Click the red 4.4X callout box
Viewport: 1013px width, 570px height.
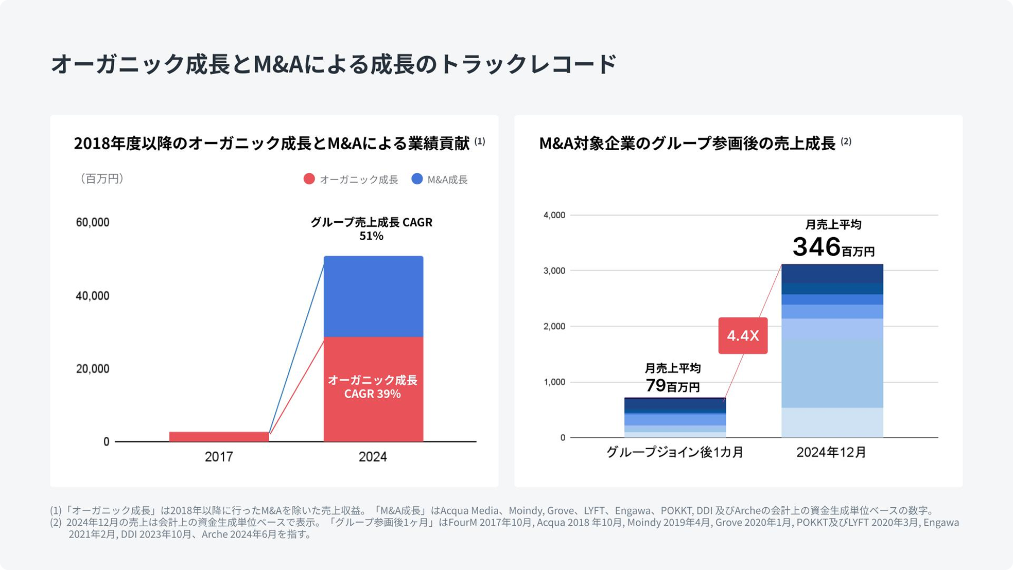(743, 335)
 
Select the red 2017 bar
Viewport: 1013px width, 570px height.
(219, 437)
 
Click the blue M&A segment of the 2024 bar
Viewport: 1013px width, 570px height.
(373, 296)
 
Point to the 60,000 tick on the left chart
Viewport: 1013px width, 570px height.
(93, 222)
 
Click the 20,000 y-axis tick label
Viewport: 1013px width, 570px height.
(93, 369)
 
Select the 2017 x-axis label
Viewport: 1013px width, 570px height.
(219, 457)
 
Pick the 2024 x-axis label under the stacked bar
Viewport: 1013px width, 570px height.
(373, 457)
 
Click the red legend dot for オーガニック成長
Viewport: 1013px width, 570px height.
(309, 179)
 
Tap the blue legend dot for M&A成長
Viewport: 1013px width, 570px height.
(417, 179)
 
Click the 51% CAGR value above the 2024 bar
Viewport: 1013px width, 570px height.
(371, 236)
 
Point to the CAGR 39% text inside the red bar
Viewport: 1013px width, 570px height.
(372, 394)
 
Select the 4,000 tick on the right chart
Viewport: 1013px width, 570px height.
(554, 215)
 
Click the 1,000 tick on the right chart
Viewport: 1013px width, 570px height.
(554, 382)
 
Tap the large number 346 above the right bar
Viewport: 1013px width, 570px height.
(816, 247)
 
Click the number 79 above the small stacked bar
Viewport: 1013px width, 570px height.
(656, 385)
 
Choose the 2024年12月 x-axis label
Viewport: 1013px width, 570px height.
(831, 452)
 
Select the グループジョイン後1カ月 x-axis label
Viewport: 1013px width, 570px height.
(675, 452)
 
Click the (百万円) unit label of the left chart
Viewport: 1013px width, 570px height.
(101, 179)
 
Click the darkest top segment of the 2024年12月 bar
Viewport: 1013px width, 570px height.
(832, 273)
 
